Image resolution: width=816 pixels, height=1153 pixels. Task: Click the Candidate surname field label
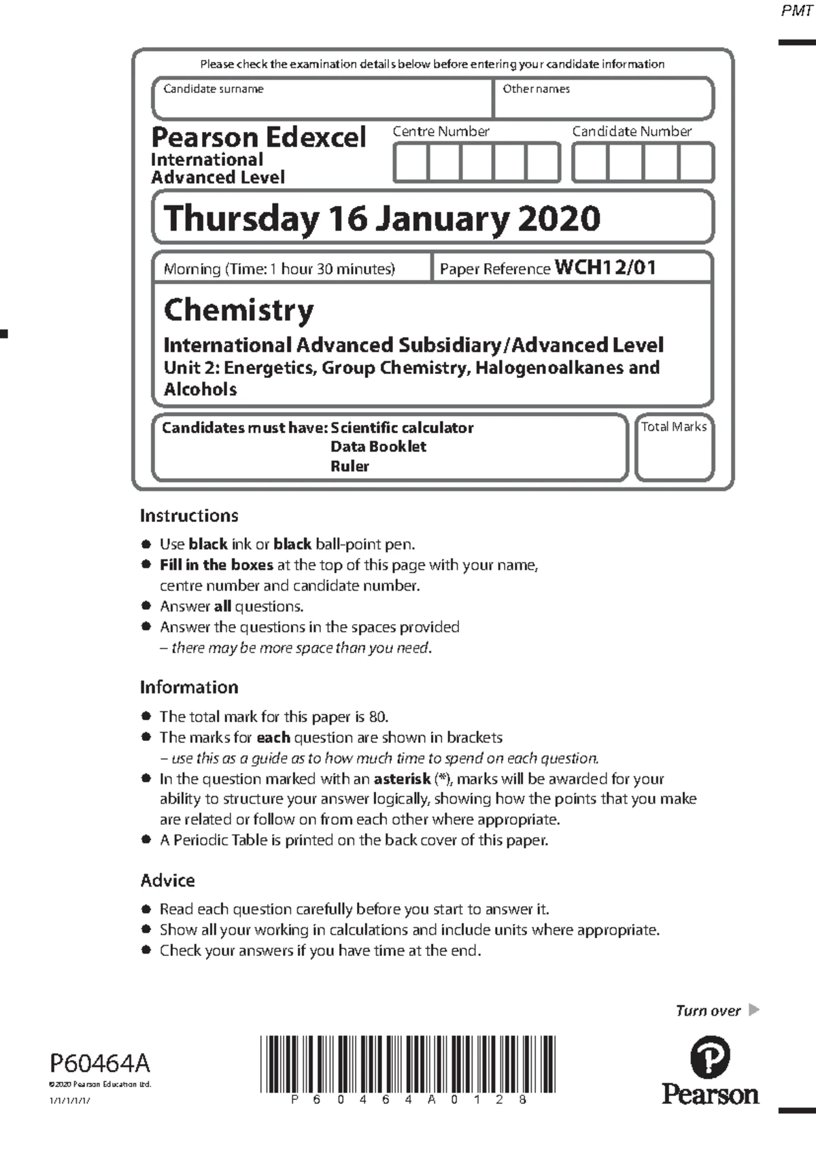coord(213,89)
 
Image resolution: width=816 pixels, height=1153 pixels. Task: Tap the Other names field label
coord(536,89)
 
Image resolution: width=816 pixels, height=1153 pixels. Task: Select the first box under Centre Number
coord(411,163)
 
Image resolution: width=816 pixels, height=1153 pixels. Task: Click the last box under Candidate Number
coord(696,163)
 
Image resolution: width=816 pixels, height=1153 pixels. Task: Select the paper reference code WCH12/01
coord(605,267)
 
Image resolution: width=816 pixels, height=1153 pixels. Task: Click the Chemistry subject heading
coord(239,310)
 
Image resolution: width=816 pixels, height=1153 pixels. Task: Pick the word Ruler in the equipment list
coord(350,466)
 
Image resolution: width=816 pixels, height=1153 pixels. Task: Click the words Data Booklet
coord(378,447)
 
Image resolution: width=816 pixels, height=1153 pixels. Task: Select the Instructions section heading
coord(189,516)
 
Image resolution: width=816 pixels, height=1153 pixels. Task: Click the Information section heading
coord(189,687)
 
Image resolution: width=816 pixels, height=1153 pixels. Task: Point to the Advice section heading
coord(167,880)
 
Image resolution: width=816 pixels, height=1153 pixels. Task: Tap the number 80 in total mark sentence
coord(377,717)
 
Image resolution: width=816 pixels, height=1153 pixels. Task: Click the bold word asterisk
coord(402,778)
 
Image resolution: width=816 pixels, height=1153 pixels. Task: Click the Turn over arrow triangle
coord(753,1010)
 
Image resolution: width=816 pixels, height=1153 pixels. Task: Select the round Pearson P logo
coord(710,1058)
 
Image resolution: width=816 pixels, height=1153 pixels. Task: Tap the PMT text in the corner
coord(796,11)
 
